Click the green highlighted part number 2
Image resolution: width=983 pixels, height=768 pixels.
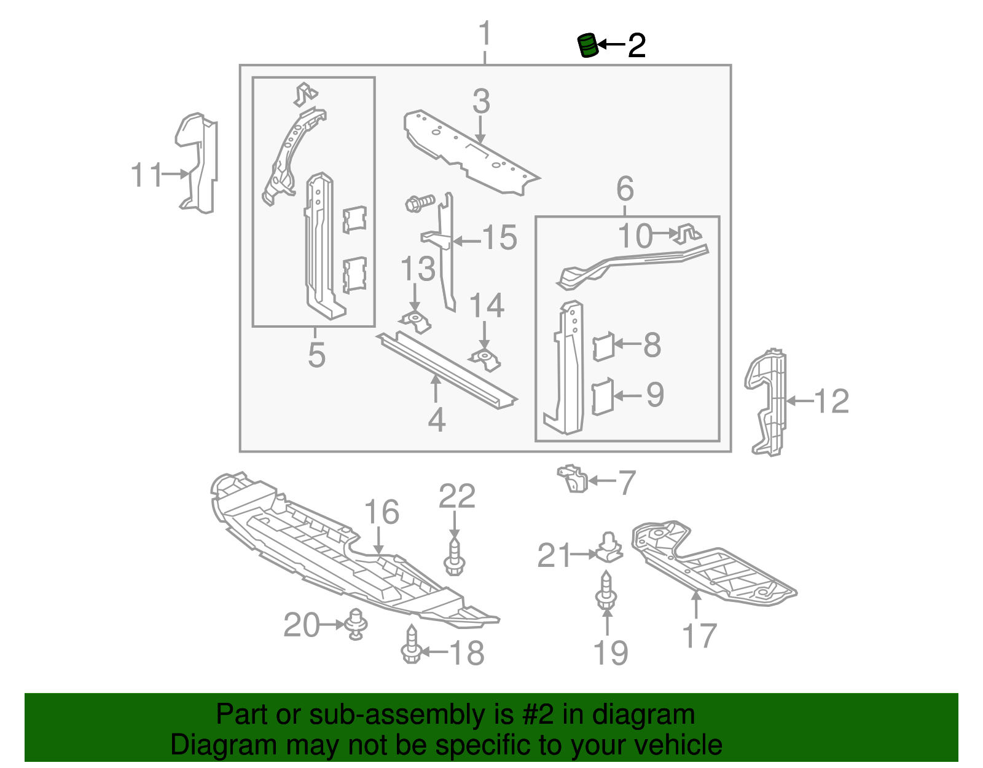(588, 46)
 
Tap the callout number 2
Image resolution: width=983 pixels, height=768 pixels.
(636, 46)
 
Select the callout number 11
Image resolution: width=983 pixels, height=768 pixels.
(146, 175)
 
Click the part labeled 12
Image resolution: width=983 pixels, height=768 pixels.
(767, 403)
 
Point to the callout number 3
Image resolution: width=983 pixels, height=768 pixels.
(481, 101)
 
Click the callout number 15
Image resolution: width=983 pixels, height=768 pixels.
(499, 238)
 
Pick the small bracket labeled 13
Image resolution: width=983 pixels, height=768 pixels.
(415, 321)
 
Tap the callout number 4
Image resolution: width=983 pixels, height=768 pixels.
(436, 420)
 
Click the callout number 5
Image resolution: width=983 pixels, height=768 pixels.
(316, 355)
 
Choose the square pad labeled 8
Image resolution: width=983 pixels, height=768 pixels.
(603, 346)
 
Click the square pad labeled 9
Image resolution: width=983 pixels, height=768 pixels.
(603, 397)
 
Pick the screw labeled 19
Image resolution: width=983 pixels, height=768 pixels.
(606, 592)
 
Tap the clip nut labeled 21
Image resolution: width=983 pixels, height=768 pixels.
(608, 547)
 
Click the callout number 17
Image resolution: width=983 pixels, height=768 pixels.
(699, 635)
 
